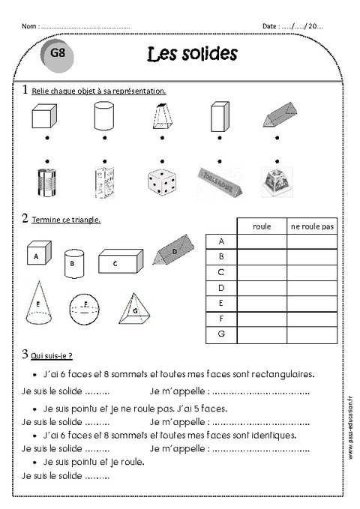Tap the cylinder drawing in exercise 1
coord(103,117)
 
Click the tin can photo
coord(46,183)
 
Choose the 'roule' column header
coord(262,226)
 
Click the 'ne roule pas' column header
coord(312,226)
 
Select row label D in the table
coord(221,287)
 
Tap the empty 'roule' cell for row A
coord(262,241)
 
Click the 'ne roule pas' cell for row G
coord(312,334)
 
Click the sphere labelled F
coord(85,307)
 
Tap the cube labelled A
coord(37,253)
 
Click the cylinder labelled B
coord(73,262)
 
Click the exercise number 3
coord(25,355)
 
